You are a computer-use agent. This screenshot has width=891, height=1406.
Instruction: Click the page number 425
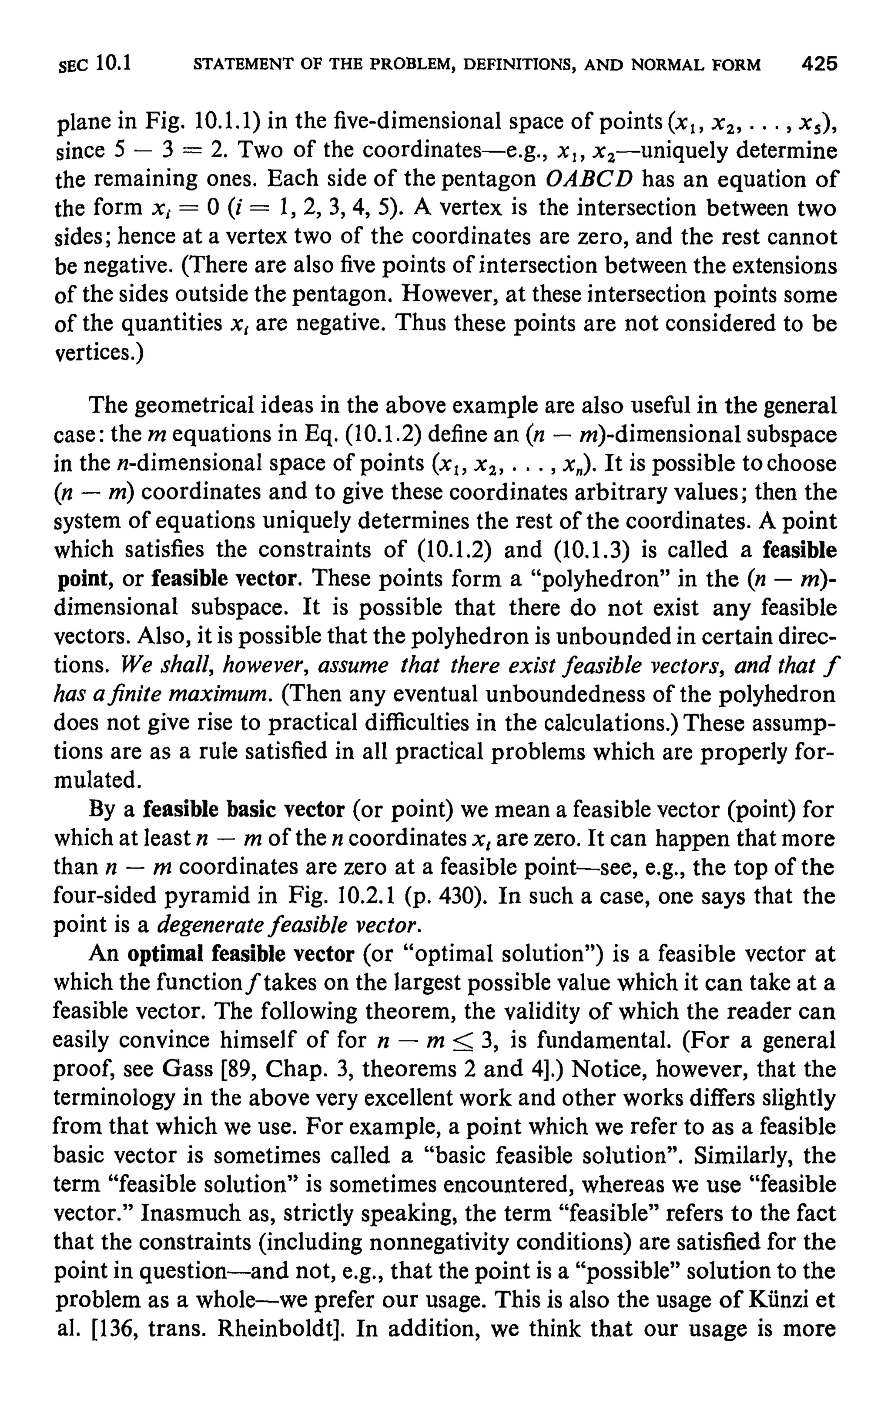click(820, 63)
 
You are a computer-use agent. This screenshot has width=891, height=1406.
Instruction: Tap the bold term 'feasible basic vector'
click(244, 810)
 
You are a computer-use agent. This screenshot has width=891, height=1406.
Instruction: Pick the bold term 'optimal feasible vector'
click(241, 954)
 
